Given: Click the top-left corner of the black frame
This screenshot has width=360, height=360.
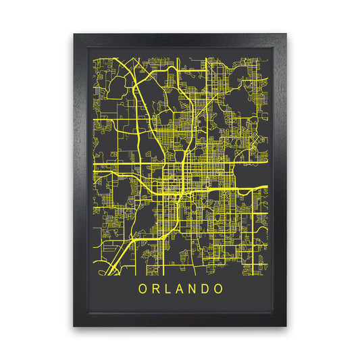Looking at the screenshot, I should (x=74, y=33).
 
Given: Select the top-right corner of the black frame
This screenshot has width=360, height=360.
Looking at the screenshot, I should (x=286, y=33).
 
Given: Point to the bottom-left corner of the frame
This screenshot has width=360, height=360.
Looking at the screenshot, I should (x=74, y=327).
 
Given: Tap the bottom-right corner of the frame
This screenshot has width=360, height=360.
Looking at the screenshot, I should (x=286, y=327).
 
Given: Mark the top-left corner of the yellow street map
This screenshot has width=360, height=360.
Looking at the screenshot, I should (x=93, y=58).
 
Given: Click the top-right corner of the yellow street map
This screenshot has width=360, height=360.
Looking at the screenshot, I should (x=267, y=58).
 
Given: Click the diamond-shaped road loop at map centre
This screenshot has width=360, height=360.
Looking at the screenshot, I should (x=182, y=157).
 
